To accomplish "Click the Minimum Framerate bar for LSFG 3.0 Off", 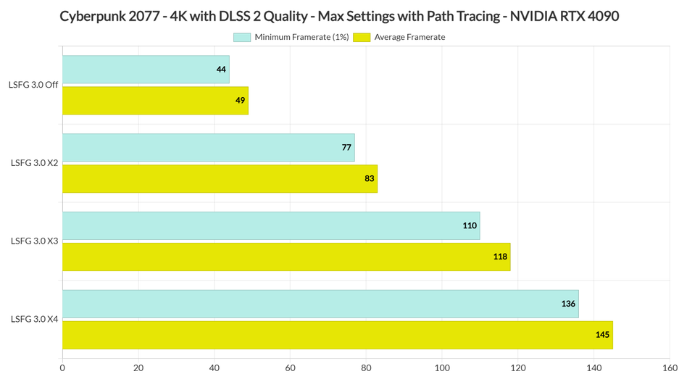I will coord(145,70).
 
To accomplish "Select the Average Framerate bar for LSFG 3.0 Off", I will coord(155,100).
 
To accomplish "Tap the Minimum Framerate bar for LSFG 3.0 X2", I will coord(208,147).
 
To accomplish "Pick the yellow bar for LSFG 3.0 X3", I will coord(286,257).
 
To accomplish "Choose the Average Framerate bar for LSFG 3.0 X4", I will coord(337,335).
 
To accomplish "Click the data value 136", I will coord(568,304).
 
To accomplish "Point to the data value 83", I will coord(370,178).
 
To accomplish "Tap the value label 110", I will coord(470,225).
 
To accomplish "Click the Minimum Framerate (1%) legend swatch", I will coord(242,37).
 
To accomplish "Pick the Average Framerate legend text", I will coord(409,37).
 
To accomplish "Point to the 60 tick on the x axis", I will coord(290,368).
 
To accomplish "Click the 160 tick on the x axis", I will coord(670,368).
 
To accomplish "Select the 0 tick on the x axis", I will coord(62,368).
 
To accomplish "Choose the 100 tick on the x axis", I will coord(442,368).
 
